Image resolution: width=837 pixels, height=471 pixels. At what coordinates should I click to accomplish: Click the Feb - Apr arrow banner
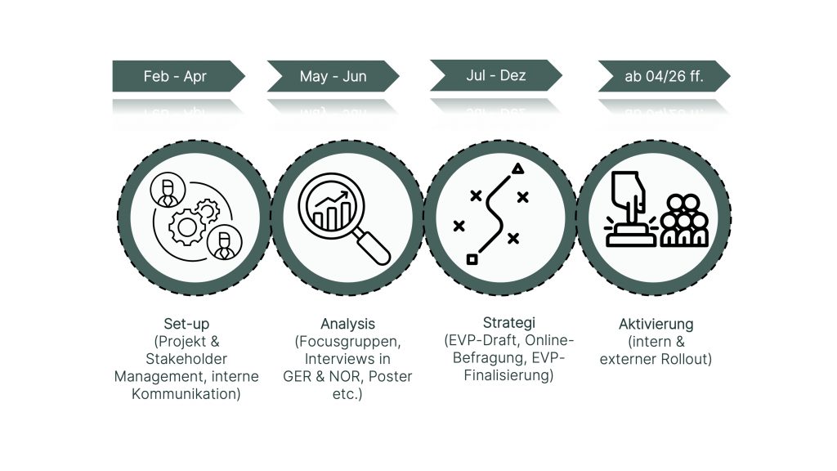point(178,76)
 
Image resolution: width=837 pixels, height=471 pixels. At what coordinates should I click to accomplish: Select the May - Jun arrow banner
point(333,76)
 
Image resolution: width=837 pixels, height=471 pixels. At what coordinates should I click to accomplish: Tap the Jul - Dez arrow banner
point(496,75)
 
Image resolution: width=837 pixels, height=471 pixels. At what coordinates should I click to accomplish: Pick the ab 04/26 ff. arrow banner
point(664,76)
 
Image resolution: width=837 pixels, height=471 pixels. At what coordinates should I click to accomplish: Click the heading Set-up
point(186,324)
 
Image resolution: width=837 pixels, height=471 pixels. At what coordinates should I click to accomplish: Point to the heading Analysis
point(347,324)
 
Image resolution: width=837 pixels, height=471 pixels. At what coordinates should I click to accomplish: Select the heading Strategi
point(508,322)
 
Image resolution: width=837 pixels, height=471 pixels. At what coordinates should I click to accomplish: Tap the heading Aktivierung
point(656,324)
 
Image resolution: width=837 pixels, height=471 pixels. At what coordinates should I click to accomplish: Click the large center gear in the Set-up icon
point(187,227)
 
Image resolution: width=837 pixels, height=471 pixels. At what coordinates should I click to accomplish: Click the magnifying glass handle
point(373,247)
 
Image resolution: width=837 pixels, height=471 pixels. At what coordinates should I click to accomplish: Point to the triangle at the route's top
point(517,169)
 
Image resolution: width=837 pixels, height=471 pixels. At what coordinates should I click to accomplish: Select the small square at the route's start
point(472,259)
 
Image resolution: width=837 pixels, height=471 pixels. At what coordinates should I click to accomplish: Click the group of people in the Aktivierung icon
point(684,220)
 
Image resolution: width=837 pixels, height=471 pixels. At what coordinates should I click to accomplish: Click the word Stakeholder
point(186,359)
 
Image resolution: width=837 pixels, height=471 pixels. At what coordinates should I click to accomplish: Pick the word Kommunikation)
point(186,394)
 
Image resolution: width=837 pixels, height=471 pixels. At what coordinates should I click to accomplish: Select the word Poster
point(390,376)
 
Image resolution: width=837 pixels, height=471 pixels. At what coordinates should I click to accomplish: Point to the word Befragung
point(487,357)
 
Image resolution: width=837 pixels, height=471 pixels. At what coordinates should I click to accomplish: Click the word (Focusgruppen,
point(347,341)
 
